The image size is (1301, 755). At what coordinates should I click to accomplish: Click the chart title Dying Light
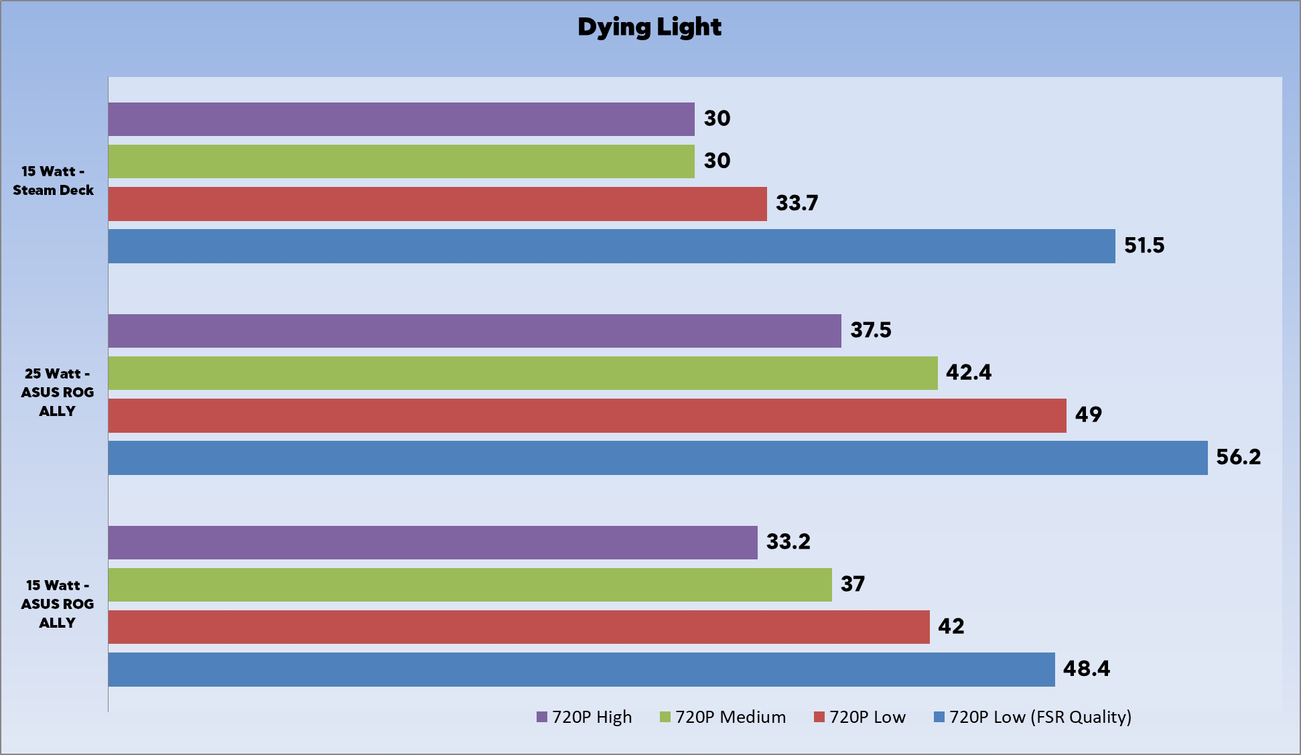pos(649,27)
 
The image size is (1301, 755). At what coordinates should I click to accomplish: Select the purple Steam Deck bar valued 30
pos(401,119)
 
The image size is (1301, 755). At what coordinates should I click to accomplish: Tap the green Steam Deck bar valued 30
pos(401,161)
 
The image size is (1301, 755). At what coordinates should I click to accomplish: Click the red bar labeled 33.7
pos(437,204)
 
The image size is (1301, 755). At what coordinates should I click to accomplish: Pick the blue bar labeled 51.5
pos(612,246)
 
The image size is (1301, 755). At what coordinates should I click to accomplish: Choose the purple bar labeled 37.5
pos(474,331)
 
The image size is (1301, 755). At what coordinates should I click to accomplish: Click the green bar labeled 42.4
pos(523,373)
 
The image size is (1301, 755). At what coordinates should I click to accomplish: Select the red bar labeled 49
pos(587,415)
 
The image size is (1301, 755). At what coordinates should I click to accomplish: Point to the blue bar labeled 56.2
pos(658,458)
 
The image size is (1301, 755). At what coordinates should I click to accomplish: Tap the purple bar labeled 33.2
pos(433,543)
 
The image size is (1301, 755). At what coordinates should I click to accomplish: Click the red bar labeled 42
pos(519,627)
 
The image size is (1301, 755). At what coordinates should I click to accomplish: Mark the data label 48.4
pos(1086,669)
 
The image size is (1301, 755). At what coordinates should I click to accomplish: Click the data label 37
pos(852,584)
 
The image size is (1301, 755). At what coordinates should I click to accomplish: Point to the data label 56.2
pos(1238,457)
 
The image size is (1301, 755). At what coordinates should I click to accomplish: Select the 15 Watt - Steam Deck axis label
pos(54,181)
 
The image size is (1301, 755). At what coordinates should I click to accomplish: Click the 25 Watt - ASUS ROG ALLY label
pos(57,392)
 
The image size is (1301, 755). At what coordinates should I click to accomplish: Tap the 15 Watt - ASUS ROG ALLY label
pos(57,604)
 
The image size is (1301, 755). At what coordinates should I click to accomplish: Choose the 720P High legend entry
pos(585,717)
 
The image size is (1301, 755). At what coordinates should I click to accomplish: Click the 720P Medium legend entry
pos(724,717)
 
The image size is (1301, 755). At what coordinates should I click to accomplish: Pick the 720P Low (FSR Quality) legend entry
pos(1033,717)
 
